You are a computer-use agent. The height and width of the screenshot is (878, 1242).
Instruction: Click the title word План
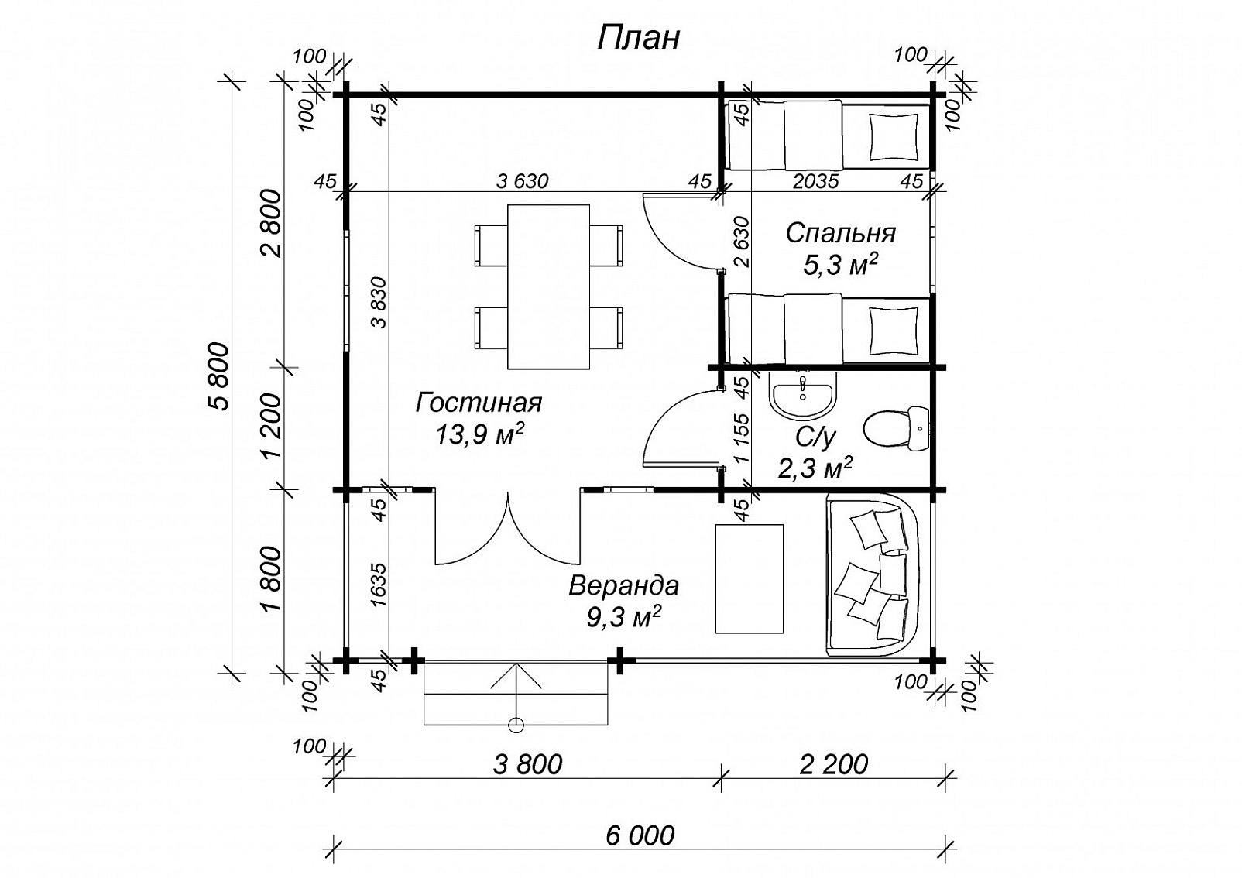coord(638,39)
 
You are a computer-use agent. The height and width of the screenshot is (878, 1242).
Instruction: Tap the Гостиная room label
coord(479,403)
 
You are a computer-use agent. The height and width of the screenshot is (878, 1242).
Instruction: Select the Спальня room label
coord(841,233)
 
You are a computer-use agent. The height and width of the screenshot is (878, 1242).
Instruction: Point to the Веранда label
coord(624,586)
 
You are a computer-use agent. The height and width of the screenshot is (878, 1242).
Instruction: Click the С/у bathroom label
coord(815,438)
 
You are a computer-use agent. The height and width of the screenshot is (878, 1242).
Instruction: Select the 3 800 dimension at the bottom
coord(527,764)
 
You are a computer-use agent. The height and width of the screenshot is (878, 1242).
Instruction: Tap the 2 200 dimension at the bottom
coord(834,764)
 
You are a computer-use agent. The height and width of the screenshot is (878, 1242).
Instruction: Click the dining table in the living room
coord(548,286)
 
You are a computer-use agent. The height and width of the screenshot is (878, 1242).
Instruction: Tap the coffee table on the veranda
coord(749,578)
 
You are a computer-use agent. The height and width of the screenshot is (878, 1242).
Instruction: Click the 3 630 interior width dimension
coord(523,181)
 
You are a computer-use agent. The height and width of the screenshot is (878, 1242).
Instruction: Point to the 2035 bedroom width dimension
coord(815,181)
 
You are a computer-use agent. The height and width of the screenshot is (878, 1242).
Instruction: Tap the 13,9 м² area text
coord(479,434)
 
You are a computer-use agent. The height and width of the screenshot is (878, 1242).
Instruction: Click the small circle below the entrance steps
coord(516,725)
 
